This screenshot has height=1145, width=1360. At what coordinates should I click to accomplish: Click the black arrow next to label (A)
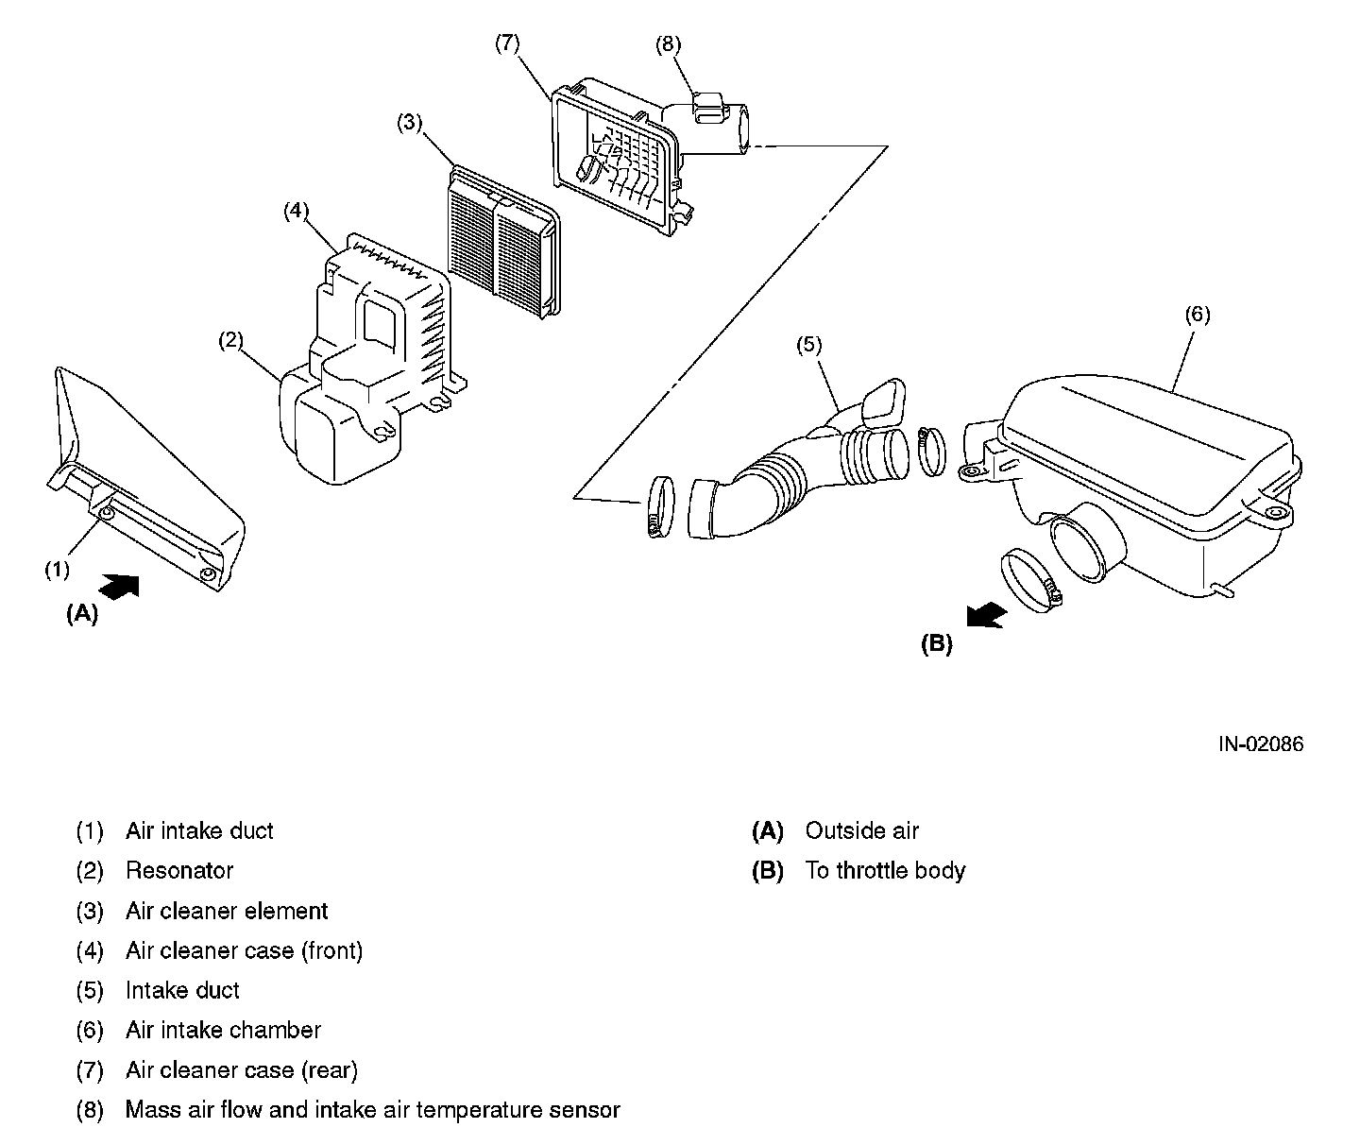tap(119, 586)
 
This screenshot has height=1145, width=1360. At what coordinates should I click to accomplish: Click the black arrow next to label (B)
tap(987, 616)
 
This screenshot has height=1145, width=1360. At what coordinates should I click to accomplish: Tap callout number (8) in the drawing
tap(668, 43)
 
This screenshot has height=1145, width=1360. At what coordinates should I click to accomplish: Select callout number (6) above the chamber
tap(1197, 315)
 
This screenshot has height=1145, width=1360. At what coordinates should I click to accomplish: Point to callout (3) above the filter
tap(410, 122)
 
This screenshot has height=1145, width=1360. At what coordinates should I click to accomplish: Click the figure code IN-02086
tap(1260, 744)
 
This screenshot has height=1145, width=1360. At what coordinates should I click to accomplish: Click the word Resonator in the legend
tap(179, 870)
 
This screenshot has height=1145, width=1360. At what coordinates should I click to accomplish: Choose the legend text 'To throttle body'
tap(885, 870)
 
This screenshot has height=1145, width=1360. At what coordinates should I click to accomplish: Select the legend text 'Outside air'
tap(861, 831)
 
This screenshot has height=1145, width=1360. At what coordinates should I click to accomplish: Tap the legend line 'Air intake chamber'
tap(223, 1030)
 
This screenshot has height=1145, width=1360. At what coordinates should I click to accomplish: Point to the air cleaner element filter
tap(501, 244)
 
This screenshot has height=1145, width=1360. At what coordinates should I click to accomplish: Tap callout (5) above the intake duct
tap(809, 345)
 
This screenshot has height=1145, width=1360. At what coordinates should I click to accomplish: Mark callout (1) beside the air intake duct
tap(58, 569)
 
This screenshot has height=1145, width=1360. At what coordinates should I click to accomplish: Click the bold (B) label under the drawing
tap(937, 645)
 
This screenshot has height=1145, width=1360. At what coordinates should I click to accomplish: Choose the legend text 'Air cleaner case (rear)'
tap(242, 1069)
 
